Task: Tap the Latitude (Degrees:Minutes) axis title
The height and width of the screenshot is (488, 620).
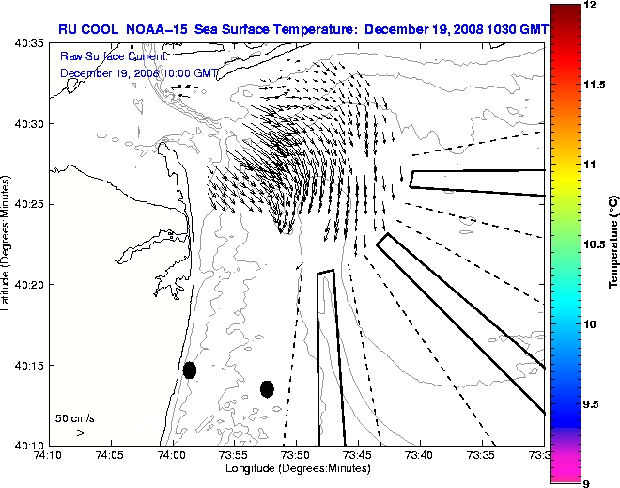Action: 8,244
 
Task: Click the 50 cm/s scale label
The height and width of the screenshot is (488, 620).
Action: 75,417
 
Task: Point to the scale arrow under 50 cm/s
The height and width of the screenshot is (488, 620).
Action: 73,433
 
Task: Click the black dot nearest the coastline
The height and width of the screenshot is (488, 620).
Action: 190,370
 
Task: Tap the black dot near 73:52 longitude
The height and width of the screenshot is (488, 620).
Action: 267,388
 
